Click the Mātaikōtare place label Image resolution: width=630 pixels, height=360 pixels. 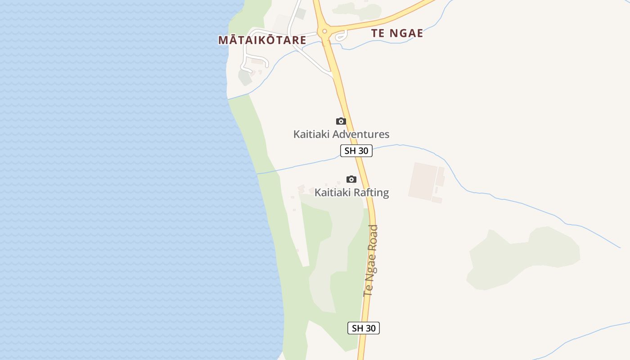pos(262,40)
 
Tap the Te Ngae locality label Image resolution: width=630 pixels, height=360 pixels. pos(397,33)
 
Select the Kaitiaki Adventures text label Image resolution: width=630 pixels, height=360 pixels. pos(341,134)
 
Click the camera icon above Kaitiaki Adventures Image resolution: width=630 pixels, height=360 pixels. pos(341,121)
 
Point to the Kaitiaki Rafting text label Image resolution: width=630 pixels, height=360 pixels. pos(351,193)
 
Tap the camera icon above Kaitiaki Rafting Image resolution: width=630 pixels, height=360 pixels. pos(351,179)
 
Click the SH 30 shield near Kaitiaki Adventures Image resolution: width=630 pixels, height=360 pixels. pos(356,151)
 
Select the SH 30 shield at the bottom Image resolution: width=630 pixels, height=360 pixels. pos(363,328)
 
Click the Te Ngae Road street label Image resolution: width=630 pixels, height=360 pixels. pos(370,261)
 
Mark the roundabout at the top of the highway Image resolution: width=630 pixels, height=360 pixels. pos(324,31)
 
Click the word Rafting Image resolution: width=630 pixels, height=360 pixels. pos(371,193)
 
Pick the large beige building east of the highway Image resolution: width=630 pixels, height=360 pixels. pos(423,181)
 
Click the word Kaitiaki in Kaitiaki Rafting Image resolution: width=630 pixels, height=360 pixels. pos(333,193)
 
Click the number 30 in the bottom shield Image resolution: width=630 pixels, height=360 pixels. pos(370,328)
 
